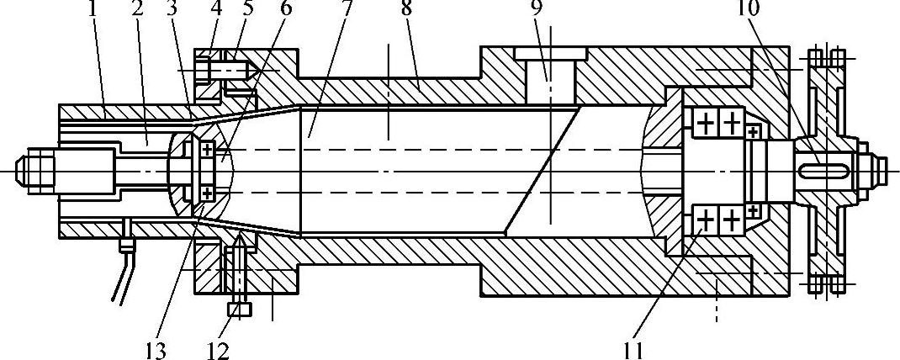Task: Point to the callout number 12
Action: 217,347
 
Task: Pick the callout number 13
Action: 156,347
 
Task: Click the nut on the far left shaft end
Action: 37,170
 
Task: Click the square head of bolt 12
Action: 241,310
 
